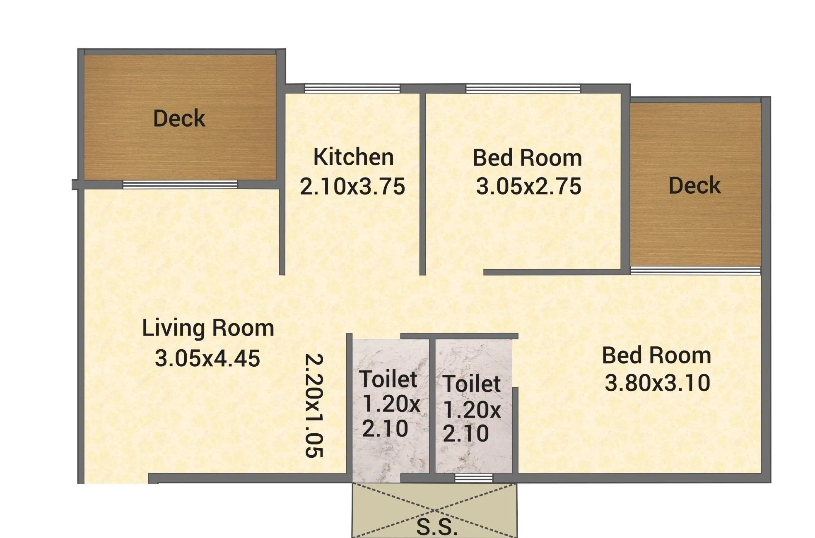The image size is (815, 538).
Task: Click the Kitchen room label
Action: (x=353, y=157)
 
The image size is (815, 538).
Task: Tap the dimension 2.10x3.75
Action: (x=352, y=186)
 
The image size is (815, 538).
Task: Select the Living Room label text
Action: (x=208, y=328)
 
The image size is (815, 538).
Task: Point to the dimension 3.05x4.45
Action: (x=207, y=358)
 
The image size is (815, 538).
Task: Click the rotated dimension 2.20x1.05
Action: (x=313, y=405)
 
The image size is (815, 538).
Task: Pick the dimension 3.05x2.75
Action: (x=528, y=186)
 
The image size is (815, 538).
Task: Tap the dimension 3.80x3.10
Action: (x=657, y=383)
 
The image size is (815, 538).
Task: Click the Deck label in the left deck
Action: (x=179, y=118)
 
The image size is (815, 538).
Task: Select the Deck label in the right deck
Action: (x=694, y=185)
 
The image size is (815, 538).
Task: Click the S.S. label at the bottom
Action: (x=437, y=527)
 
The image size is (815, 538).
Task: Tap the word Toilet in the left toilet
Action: (x=388, y=379)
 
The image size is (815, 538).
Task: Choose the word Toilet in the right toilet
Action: (x=472, y=384)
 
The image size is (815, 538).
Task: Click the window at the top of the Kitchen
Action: (x=352, y=88)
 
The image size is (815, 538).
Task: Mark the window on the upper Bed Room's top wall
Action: (x=523, y=88)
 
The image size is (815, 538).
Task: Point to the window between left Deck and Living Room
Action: (x=180, y=185)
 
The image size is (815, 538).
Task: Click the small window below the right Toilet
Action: (x=474, y=478)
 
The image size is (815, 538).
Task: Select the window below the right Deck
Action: (x=695, y=271)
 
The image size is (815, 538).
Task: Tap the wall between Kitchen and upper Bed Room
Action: (x=422, y=182)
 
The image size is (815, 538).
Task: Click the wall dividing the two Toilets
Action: (x=432, y=406)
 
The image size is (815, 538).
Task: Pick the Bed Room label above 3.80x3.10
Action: (x=656, y=355)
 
